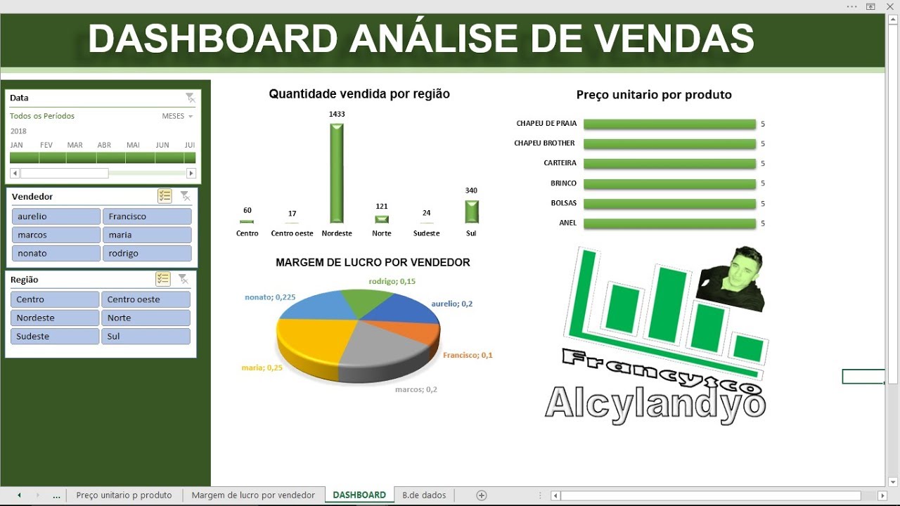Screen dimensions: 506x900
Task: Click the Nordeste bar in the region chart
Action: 337,174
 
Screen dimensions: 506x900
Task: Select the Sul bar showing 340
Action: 471,212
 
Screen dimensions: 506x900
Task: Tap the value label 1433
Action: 337,114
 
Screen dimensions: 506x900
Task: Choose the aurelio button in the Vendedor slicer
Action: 56,216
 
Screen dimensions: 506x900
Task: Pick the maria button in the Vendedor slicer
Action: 146,235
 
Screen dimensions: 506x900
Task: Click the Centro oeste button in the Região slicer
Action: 146,299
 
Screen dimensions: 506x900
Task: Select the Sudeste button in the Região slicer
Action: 55,336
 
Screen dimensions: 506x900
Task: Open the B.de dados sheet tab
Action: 424,495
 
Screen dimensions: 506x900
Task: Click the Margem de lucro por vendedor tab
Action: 253,495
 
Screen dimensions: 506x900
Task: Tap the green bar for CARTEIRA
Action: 669,164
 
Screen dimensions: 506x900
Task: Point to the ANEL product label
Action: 567,223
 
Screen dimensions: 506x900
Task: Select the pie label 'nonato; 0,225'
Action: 270,297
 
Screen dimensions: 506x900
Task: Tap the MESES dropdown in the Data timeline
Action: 177,116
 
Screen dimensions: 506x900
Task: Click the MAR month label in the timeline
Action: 75,145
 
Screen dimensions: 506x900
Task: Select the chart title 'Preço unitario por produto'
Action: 654,95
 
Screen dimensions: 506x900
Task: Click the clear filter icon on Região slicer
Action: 183,279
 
